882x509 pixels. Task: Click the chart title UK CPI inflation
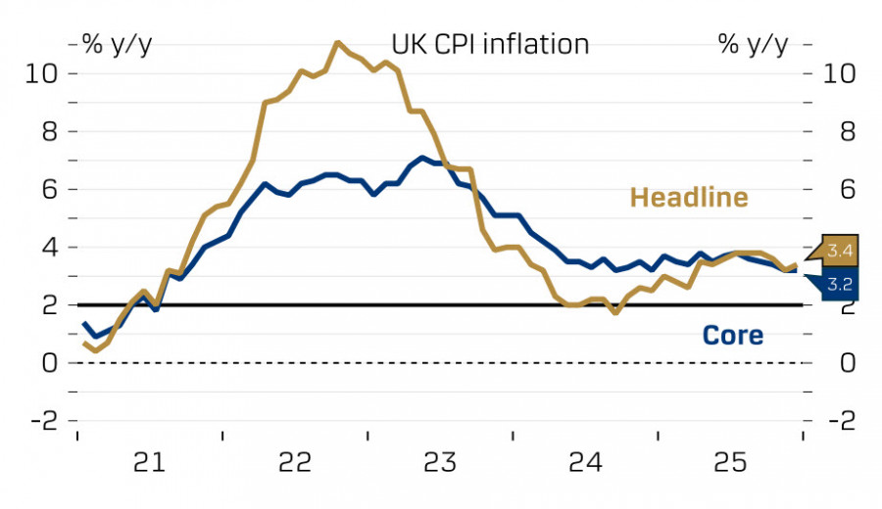(x=490, y=44)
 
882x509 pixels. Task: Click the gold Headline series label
(x=688, y=198)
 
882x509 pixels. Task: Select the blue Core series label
(x=732, y=336)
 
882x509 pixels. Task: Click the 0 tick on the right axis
(x=832, y=363)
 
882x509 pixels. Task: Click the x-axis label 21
(x=149, y=461)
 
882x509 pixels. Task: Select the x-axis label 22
(x=295, y=461)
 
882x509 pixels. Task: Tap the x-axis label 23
(x=440, y=461)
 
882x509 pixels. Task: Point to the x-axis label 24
(x=585, y=461)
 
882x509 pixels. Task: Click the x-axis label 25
(x=731, y=461)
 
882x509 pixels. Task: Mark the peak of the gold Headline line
(x=337, y=42)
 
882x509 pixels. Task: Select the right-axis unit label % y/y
(x=753, y=44)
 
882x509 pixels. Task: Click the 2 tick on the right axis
(x=832, y=305)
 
